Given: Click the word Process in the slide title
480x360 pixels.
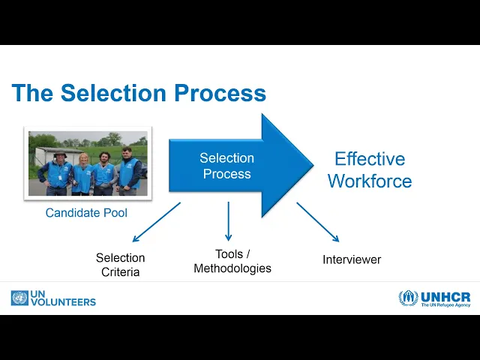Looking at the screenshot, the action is point(220,93).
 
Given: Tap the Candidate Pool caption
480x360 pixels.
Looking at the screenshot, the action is point(86,213).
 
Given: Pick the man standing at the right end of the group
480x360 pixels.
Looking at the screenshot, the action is point(130,169).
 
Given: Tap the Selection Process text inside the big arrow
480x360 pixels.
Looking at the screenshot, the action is point(226,166).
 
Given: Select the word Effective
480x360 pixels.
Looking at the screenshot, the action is point(369,159).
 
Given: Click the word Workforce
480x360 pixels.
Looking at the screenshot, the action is point(370,181).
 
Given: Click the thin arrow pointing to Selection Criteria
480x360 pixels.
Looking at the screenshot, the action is point(156,222).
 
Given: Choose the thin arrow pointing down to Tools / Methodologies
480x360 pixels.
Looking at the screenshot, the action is point(228,220).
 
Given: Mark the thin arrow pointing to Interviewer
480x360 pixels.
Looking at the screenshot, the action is point(318,222).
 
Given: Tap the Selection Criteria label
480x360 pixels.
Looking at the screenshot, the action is point(120,265).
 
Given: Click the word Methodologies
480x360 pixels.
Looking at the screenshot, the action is point(232,268).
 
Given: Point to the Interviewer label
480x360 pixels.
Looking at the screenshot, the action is point(352,259).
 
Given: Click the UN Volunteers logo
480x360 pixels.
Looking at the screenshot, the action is point(53,298).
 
